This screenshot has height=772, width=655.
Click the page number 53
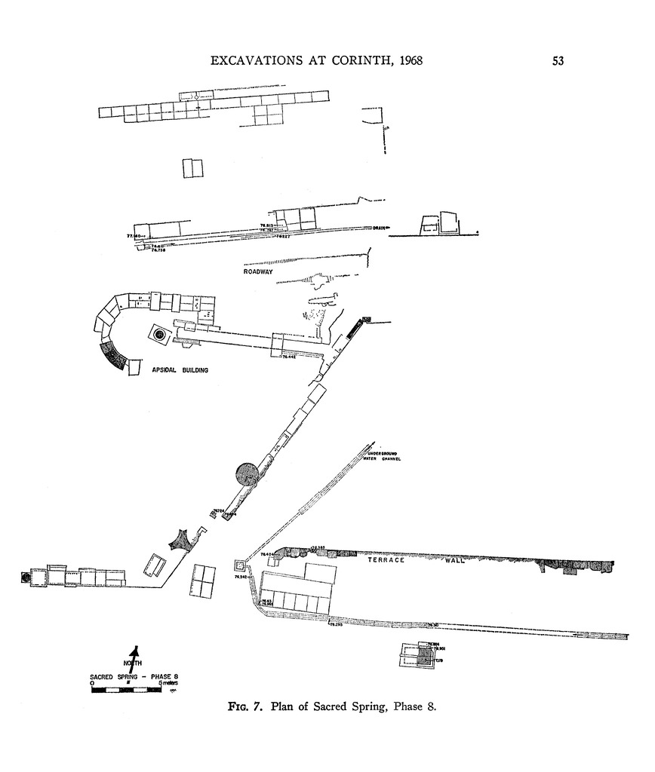(558, 61)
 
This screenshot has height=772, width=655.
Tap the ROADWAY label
(258, 271)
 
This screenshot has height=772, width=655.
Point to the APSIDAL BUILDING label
(180, 370)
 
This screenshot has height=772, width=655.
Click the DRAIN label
(379, 228)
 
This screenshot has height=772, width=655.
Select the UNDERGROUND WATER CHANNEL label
(380, 456)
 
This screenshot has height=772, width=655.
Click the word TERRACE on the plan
(386, 560)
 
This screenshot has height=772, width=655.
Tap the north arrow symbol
(135, 657)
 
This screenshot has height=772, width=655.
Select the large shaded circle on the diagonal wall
(247, 474)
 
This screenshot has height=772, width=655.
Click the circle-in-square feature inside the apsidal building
(159, 333)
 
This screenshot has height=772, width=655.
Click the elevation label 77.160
(136, 236)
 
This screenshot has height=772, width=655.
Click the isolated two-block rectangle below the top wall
(192, 167)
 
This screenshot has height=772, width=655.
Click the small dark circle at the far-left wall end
(26, 577)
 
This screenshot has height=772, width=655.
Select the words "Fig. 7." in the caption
(246, 707)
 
